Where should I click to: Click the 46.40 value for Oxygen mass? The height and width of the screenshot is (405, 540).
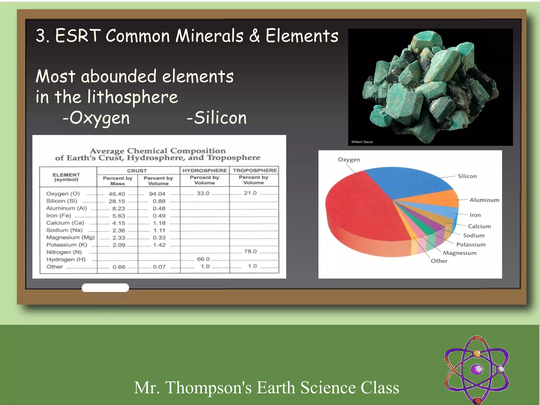(x=117, y=194)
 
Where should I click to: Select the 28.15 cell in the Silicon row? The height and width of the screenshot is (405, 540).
(x=117, y=201)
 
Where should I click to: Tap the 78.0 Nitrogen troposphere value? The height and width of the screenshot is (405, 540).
(x=250, y=252)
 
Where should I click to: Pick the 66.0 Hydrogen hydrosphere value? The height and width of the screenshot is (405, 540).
(x=203, y=259)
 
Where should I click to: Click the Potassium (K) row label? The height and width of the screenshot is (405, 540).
(x=67, y=245)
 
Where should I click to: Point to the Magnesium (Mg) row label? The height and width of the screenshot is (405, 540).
(x=70, y=237)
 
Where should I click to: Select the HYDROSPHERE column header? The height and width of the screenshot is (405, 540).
(x=205, y=171)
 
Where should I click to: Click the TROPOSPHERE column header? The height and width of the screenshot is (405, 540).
(x=254, y=171)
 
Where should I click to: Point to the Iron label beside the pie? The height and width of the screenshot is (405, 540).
(x=475, y=215)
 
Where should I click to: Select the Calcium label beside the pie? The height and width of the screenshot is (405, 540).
(x=479, y=226)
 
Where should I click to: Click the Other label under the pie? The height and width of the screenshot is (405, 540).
(x=439, y=261)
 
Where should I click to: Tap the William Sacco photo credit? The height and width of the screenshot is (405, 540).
(x=362, y=142)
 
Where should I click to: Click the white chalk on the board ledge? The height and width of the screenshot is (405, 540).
(x=105, y=288)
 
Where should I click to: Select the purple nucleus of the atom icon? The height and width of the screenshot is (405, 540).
(x=477, y=369)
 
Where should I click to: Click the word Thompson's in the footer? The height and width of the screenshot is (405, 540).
(x=208, y=388)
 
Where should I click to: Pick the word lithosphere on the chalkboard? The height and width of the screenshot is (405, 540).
(x=133, y=97)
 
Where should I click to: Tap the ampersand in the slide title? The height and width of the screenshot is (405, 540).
(x=254, y=36)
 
